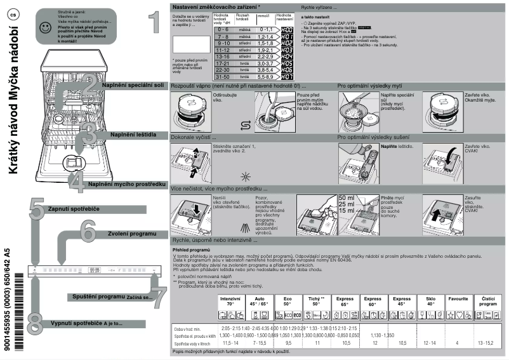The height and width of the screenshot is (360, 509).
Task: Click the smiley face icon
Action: click(x=44, y=27)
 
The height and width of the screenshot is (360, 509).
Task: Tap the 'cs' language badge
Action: click(x=12, y=15)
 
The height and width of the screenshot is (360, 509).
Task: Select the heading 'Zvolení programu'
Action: click(x=132, y=234)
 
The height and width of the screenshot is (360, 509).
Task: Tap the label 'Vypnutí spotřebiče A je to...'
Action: click(x=86, y=323)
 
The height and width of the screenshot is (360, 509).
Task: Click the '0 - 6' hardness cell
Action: click(x=223, y=29)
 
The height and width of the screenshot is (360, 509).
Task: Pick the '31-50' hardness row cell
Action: click(x=223, y=76)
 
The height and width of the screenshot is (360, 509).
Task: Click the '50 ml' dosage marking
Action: click(x=347, y=198)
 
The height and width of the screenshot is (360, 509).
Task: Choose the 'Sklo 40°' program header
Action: click(x=431, y=300)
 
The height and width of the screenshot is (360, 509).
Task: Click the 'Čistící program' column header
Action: click(x=488, y=300)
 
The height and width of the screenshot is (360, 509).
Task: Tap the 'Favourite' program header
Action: click(x=458, y=298)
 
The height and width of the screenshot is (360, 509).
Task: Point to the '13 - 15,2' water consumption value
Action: click(x=489, y=343)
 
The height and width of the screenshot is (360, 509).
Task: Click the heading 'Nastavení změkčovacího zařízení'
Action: click(x=215, y=6)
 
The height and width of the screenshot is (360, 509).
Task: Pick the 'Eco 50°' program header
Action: click(x=288, y=300)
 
